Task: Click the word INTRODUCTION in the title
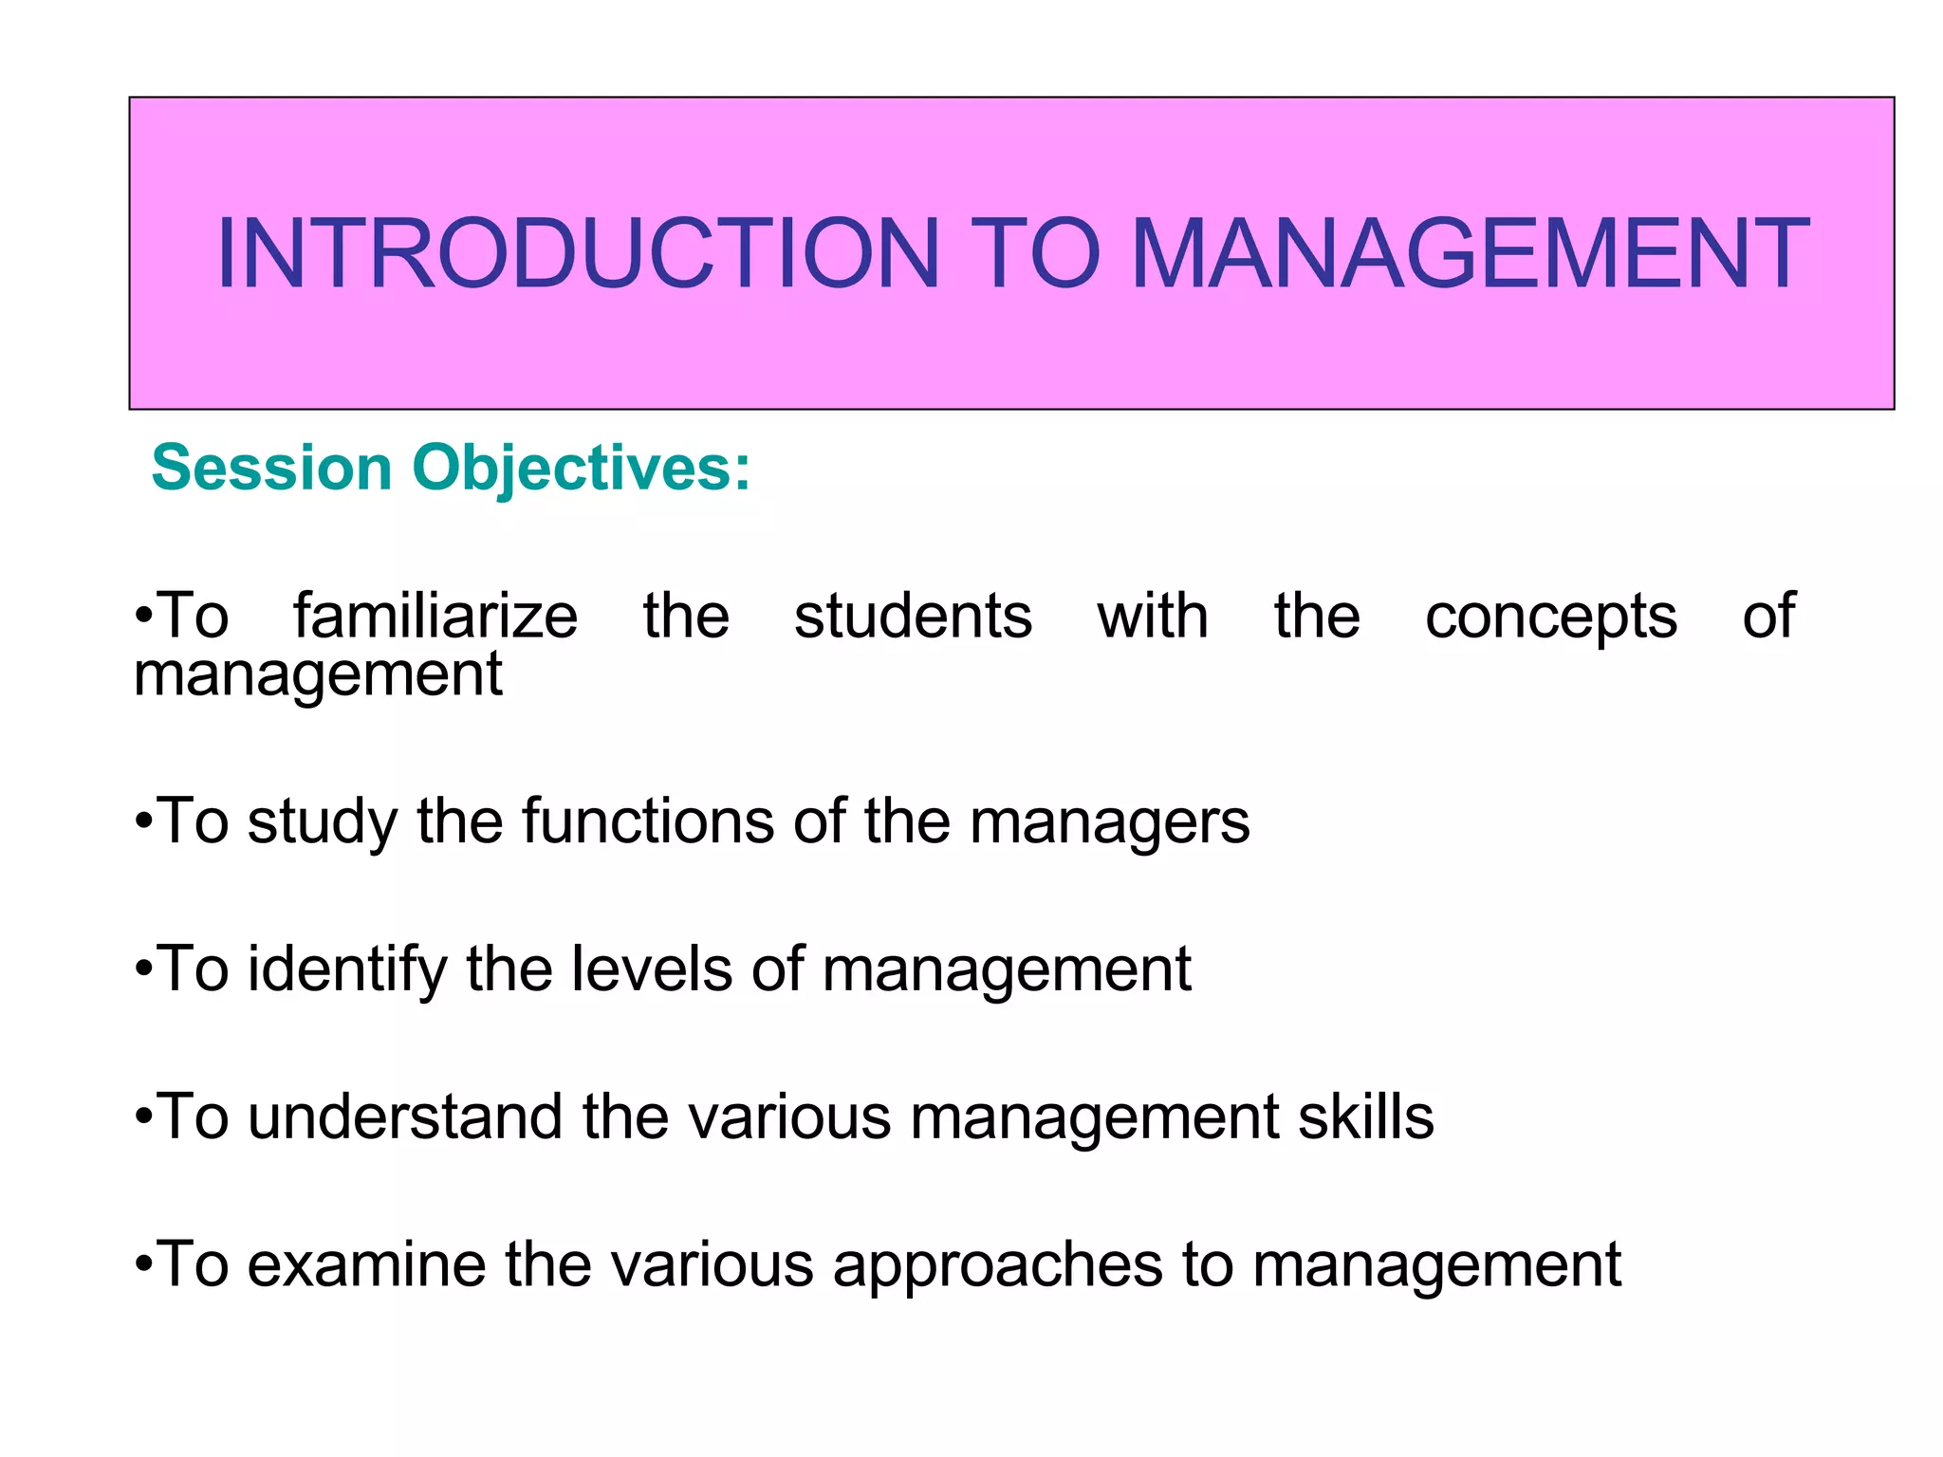pyautogui.click(x=578, y=253)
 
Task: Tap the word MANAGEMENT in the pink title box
pyautogui.click(x=1470, y=253)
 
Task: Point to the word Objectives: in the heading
pyautogui.click(x=581, y=470)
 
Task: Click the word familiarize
pyautogui.click(x=435, y=617)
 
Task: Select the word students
pyautogui.click(x=913, y=617)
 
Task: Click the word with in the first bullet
pyautogui.click(x=1153, y=617)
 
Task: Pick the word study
pyautogui.click(x=323, y=822)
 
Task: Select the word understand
pyautogui.click(x=405, y=1116)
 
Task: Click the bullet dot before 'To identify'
pyautogui.click(x=143, y=970)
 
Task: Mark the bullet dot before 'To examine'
pyautogui.click(x=143, y=1265)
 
